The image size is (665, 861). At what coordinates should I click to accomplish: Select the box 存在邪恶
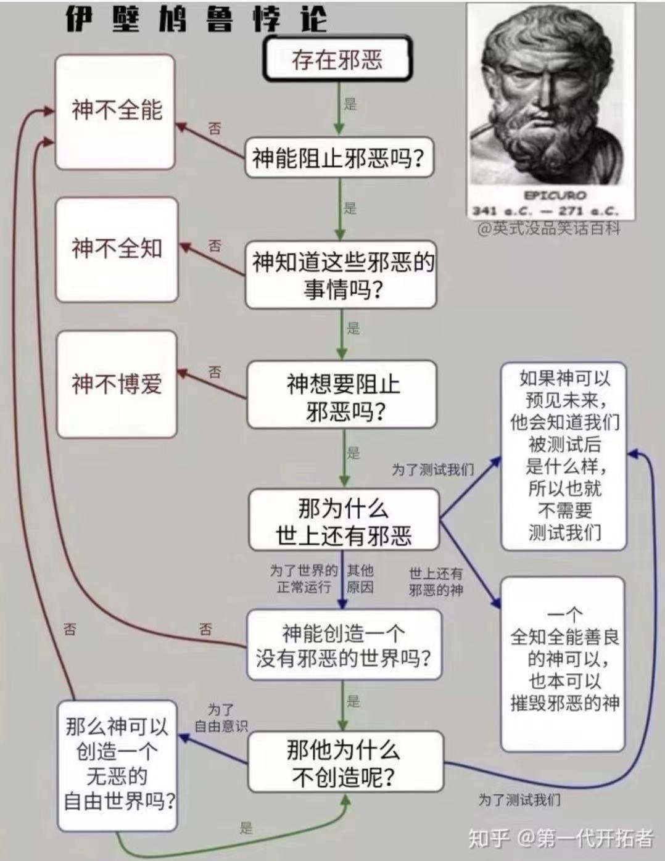tap(337, 60)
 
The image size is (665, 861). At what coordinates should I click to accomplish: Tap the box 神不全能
tap(115, 112)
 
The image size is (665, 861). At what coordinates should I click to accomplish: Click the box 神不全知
tap(117, 249)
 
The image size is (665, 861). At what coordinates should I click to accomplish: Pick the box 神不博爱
tap(117, 384)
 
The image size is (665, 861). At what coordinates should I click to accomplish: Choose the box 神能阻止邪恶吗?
tap(339, 159)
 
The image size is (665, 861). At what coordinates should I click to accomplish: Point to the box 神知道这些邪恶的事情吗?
tap(341, 275)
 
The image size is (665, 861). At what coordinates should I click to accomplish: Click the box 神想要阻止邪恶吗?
tap(342, 395)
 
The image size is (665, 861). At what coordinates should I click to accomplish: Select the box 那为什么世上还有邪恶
tap(344, 521)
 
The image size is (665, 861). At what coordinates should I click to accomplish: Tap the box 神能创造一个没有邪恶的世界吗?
tap(344, 645)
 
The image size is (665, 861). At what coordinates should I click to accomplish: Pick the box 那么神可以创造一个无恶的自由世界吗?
tap(117, 765)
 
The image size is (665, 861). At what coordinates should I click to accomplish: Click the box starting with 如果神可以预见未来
tap(564, 456)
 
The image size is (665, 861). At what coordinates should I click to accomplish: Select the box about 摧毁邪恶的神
tap(563, 663)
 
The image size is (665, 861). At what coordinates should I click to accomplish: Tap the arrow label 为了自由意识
tap(221, 718)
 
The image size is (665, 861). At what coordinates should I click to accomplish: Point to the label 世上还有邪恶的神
tap(436, 582)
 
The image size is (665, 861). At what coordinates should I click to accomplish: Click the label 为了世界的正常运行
tap(304, 579)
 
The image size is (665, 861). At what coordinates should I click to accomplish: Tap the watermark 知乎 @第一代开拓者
tap(560, 838)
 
